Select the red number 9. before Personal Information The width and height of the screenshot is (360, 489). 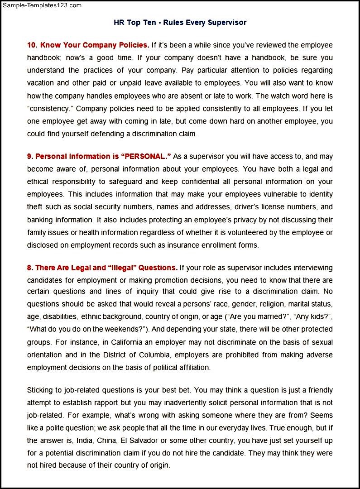pos(30,156)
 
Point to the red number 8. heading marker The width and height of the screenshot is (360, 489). pos(30,268)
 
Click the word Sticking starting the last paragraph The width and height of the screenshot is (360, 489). pos(40,390)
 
